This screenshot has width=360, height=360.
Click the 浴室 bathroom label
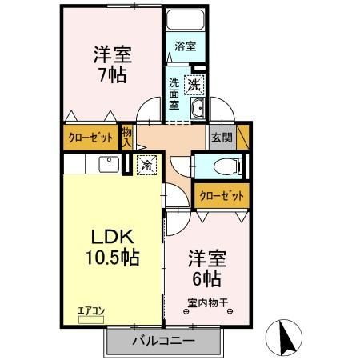[x=185, y=46]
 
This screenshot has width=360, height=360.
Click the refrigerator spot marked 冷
[x=147, y=166]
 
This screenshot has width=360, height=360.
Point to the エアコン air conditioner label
[x=91, y=308]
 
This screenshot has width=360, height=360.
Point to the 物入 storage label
[x=126, y=135]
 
